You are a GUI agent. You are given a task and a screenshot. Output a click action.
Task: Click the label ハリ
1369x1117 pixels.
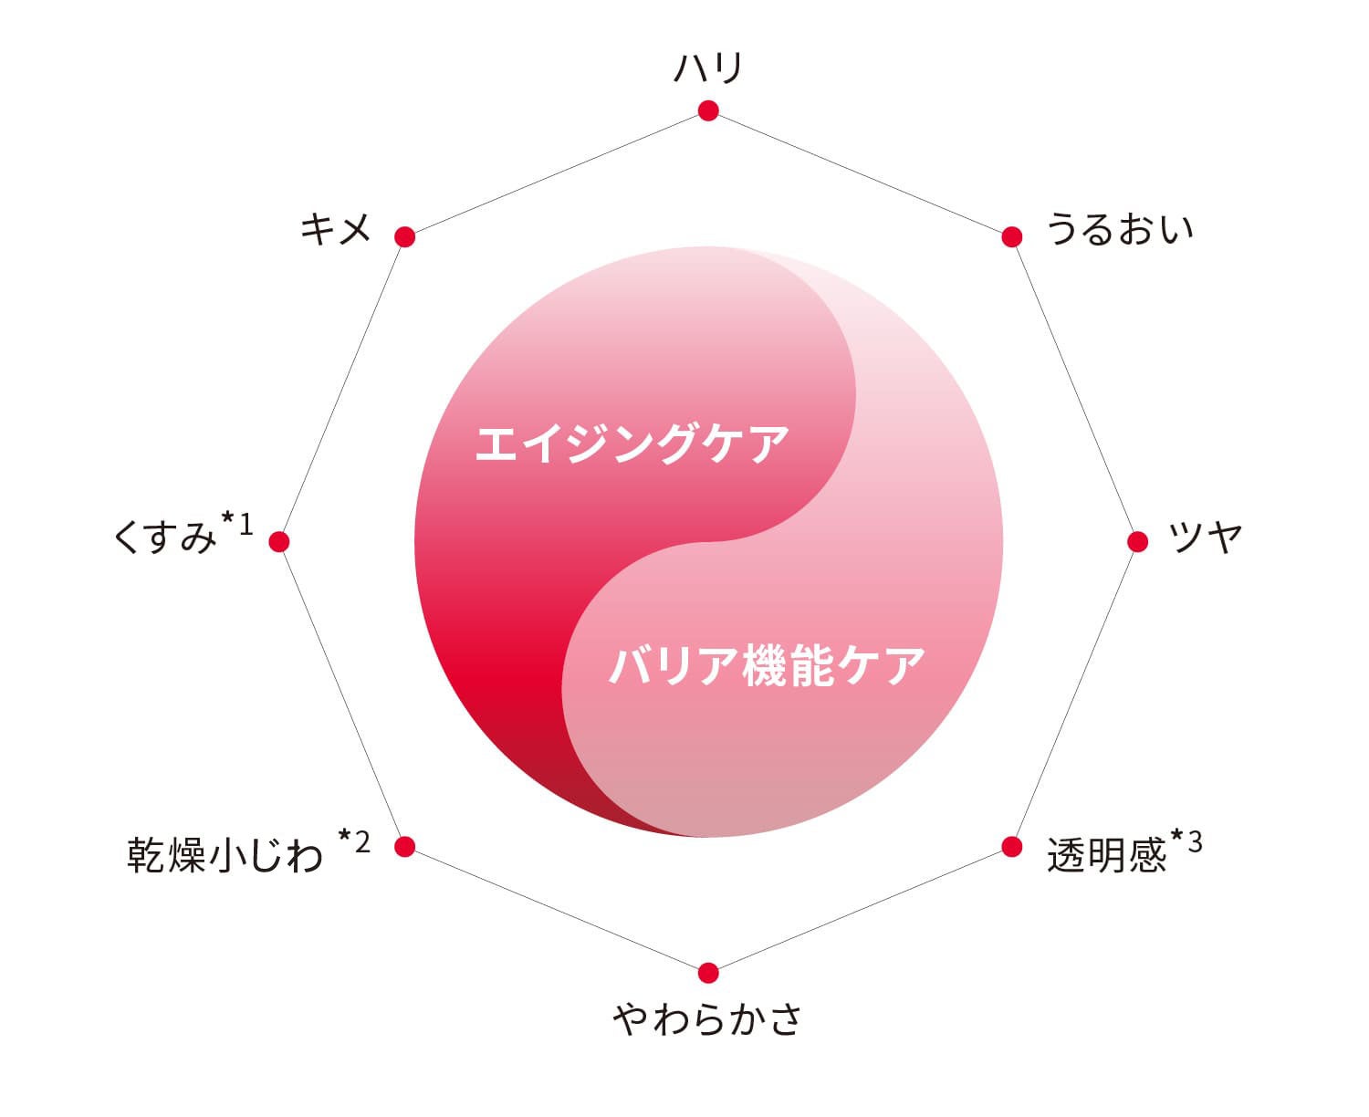[x=708, y=68]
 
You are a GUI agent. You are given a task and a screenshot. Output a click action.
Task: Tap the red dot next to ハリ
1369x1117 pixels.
[x=708, y=110]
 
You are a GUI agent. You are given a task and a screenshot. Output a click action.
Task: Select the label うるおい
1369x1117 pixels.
[x=1119, y=228]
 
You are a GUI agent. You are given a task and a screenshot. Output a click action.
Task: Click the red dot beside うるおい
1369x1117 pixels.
[x=1011, y=236]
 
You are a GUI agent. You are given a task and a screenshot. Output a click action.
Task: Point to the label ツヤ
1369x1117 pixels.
[x=1205, y=538]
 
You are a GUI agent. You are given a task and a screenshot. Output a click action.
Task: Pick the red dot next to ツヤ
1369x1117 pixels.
[x=1137, y=541]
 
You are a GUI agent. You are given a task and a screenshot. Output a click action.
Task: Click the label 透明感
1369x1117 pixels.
[x=1106, y=855]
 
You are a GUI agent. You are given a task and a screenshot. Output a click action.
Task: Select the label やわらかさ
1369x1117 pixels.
[x=707, y=1018]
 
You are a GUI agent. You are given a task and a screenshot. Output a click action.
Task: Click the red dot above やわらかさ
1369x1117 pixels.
[x=708, y=973]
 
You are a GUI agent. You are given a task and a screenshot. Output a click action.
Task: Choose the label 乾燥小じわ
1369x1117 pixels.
[x=225, y=855]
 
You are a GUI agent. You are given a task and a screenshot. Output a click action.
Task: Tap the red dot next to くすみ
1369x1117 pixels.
[x=279, y=542]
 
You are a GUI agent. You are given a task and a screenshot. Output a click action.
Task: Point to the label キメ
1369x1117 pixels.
[x=336, y=228]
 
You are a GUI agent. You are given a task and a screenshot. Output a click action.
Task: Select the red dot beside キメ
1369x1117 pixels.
[x=405, y=237]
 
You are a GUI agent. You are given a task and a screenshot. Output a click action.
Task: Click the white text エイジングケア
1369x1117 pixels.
[x=632, y=444]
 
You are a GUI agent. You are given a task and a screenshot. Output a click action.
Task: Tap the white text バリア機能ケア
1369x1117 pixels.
[x=767, y=665]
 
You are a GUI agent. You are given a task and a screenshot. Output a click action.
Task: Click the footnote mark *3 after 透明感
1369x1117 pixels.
[x=1187, y=841]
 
